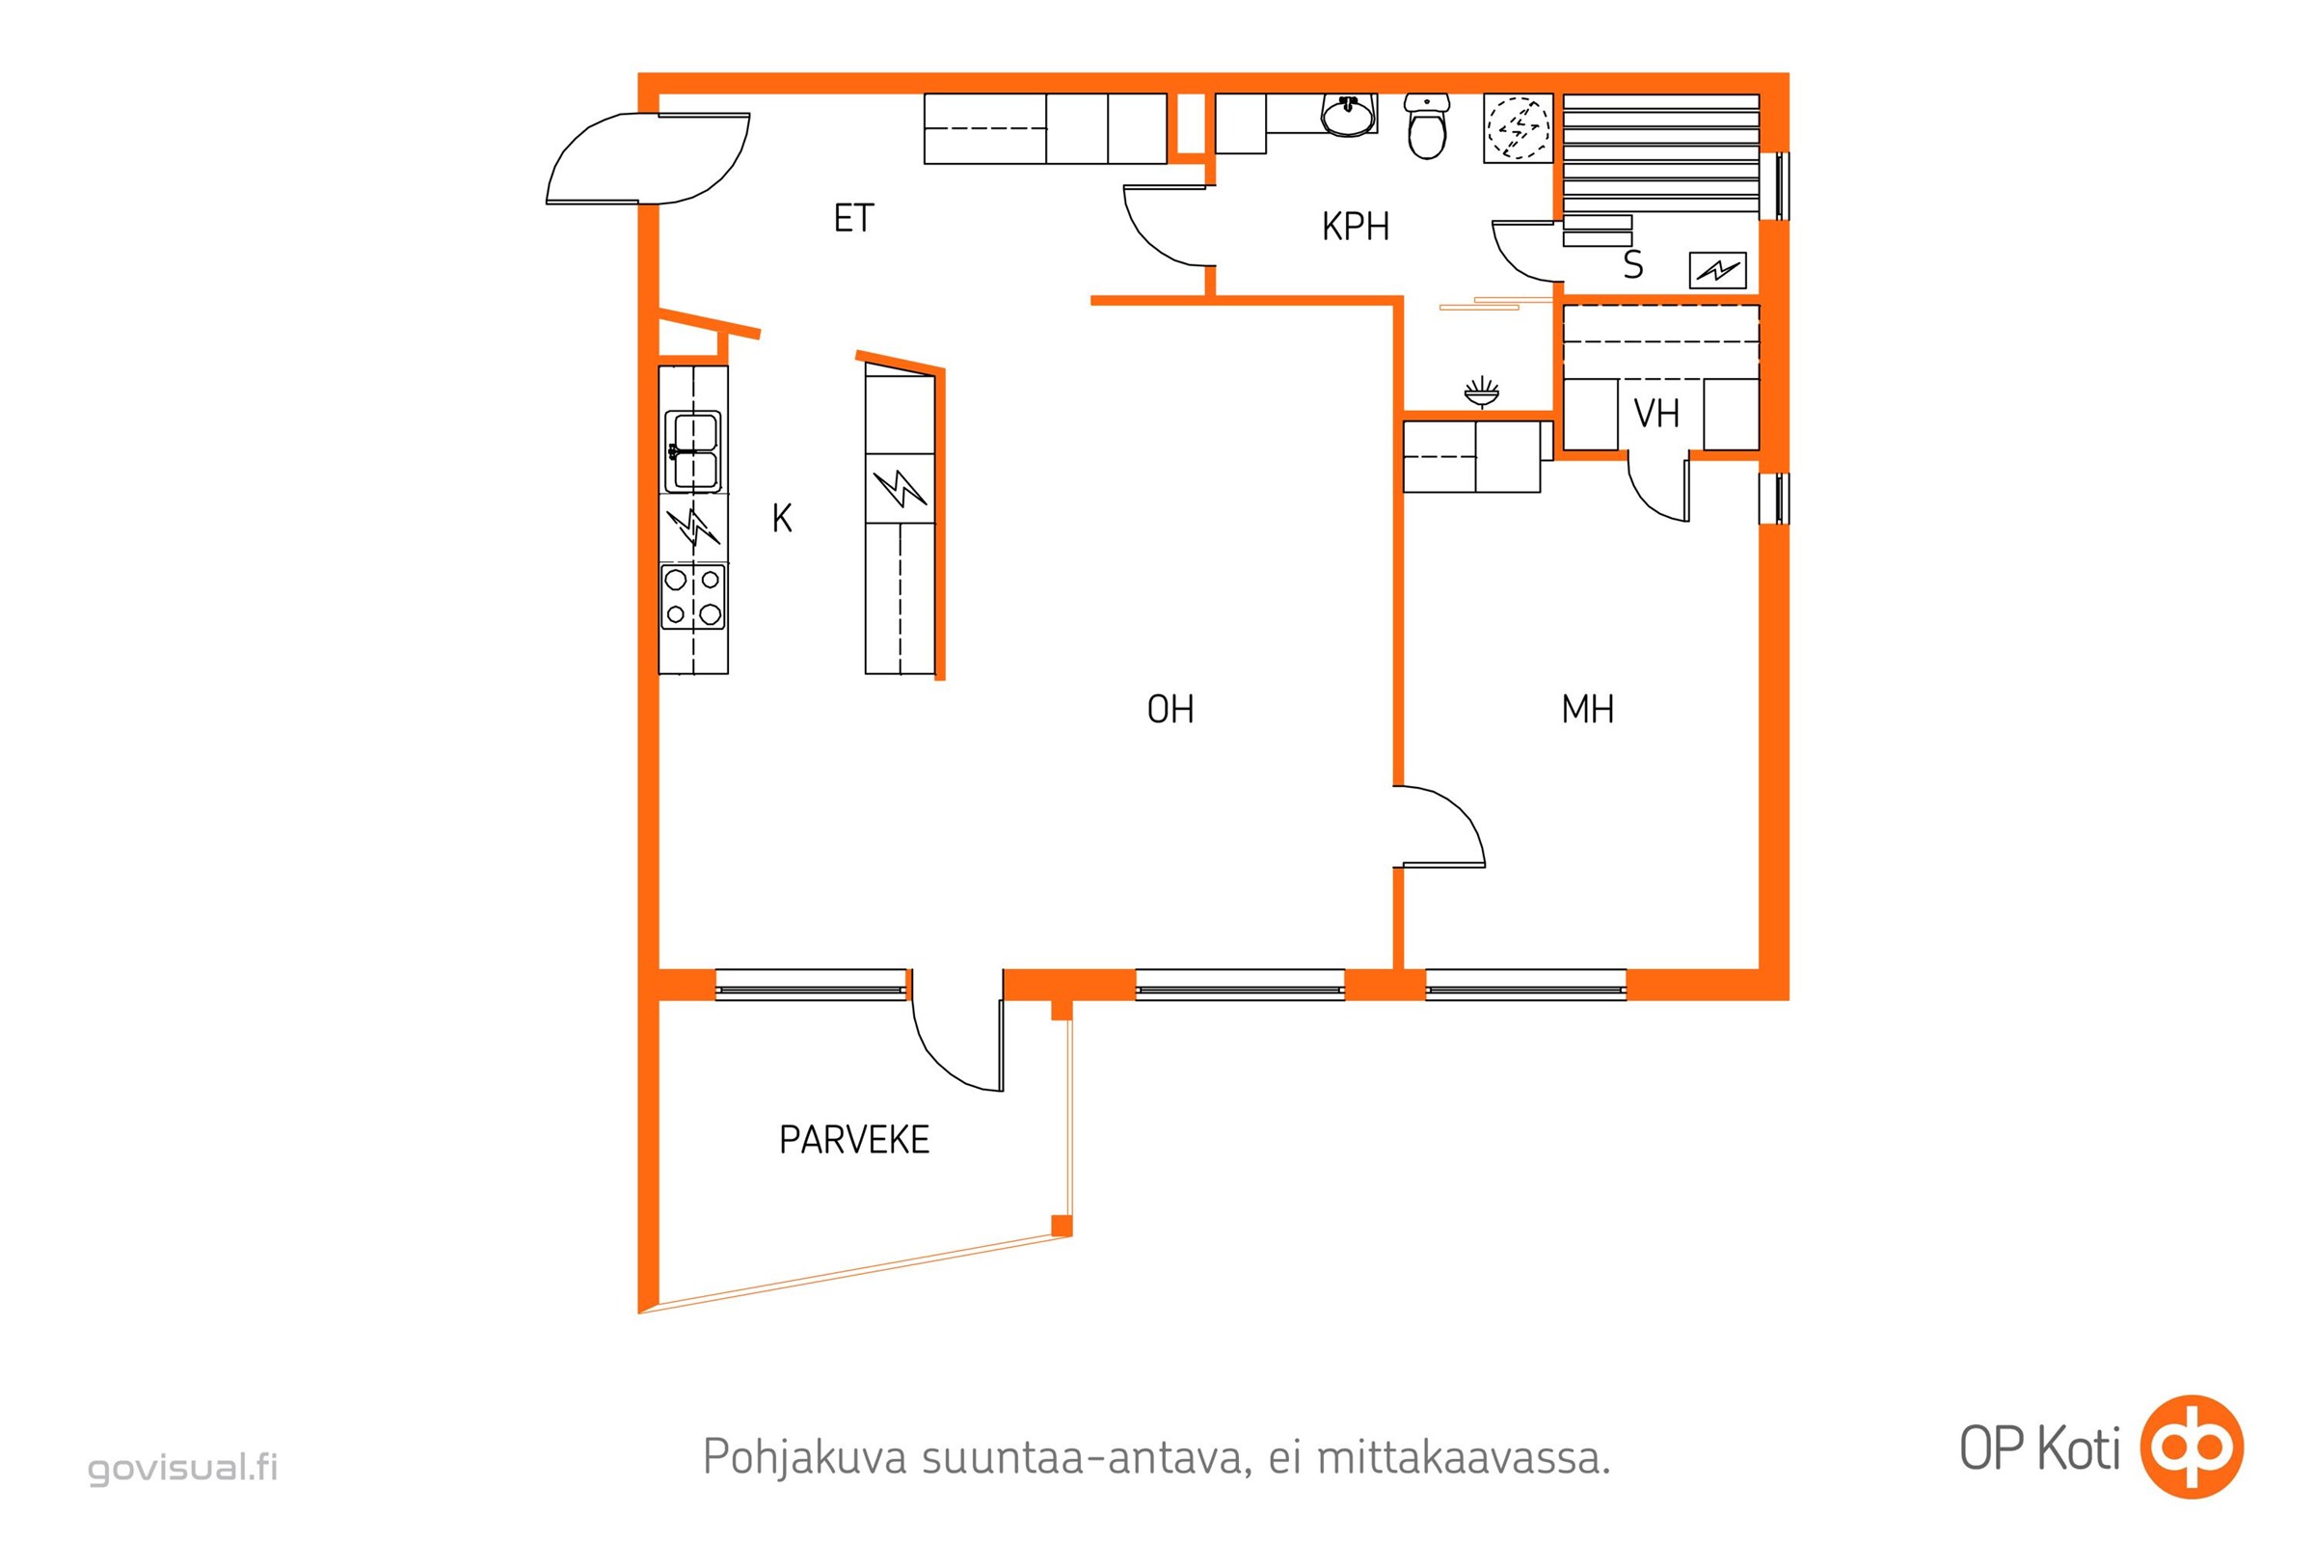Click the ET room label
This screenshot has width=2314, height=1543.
853,219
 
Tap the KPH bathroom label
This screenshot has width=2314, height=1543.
1355,228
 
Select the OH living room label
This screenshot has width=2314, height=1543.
1170,710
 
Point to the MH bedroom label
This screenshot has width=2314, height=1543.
1587,710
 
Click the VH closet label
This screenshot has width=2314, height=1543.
1655,415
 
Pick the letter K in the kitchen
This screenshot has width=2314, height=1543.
782,519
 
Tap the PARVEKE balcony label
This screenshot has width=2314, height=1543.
854,1140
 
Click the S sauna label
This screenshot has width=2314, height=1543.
1633,264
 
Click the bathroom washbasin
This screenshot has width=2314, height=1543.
1348,115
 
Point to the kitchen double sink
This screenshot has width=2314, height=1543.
692,450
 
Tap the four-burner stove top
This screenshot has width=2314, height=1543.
692,597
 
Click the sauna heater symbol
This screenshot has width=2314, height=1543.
1718,270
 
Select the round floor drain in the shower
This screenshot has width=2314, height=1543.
1518,128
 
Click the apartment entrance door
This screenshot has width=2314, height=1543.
647,159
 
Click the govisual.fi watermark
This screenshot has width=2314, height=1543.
183,1468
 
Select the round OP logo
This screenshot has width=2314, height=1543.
2193,1447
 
